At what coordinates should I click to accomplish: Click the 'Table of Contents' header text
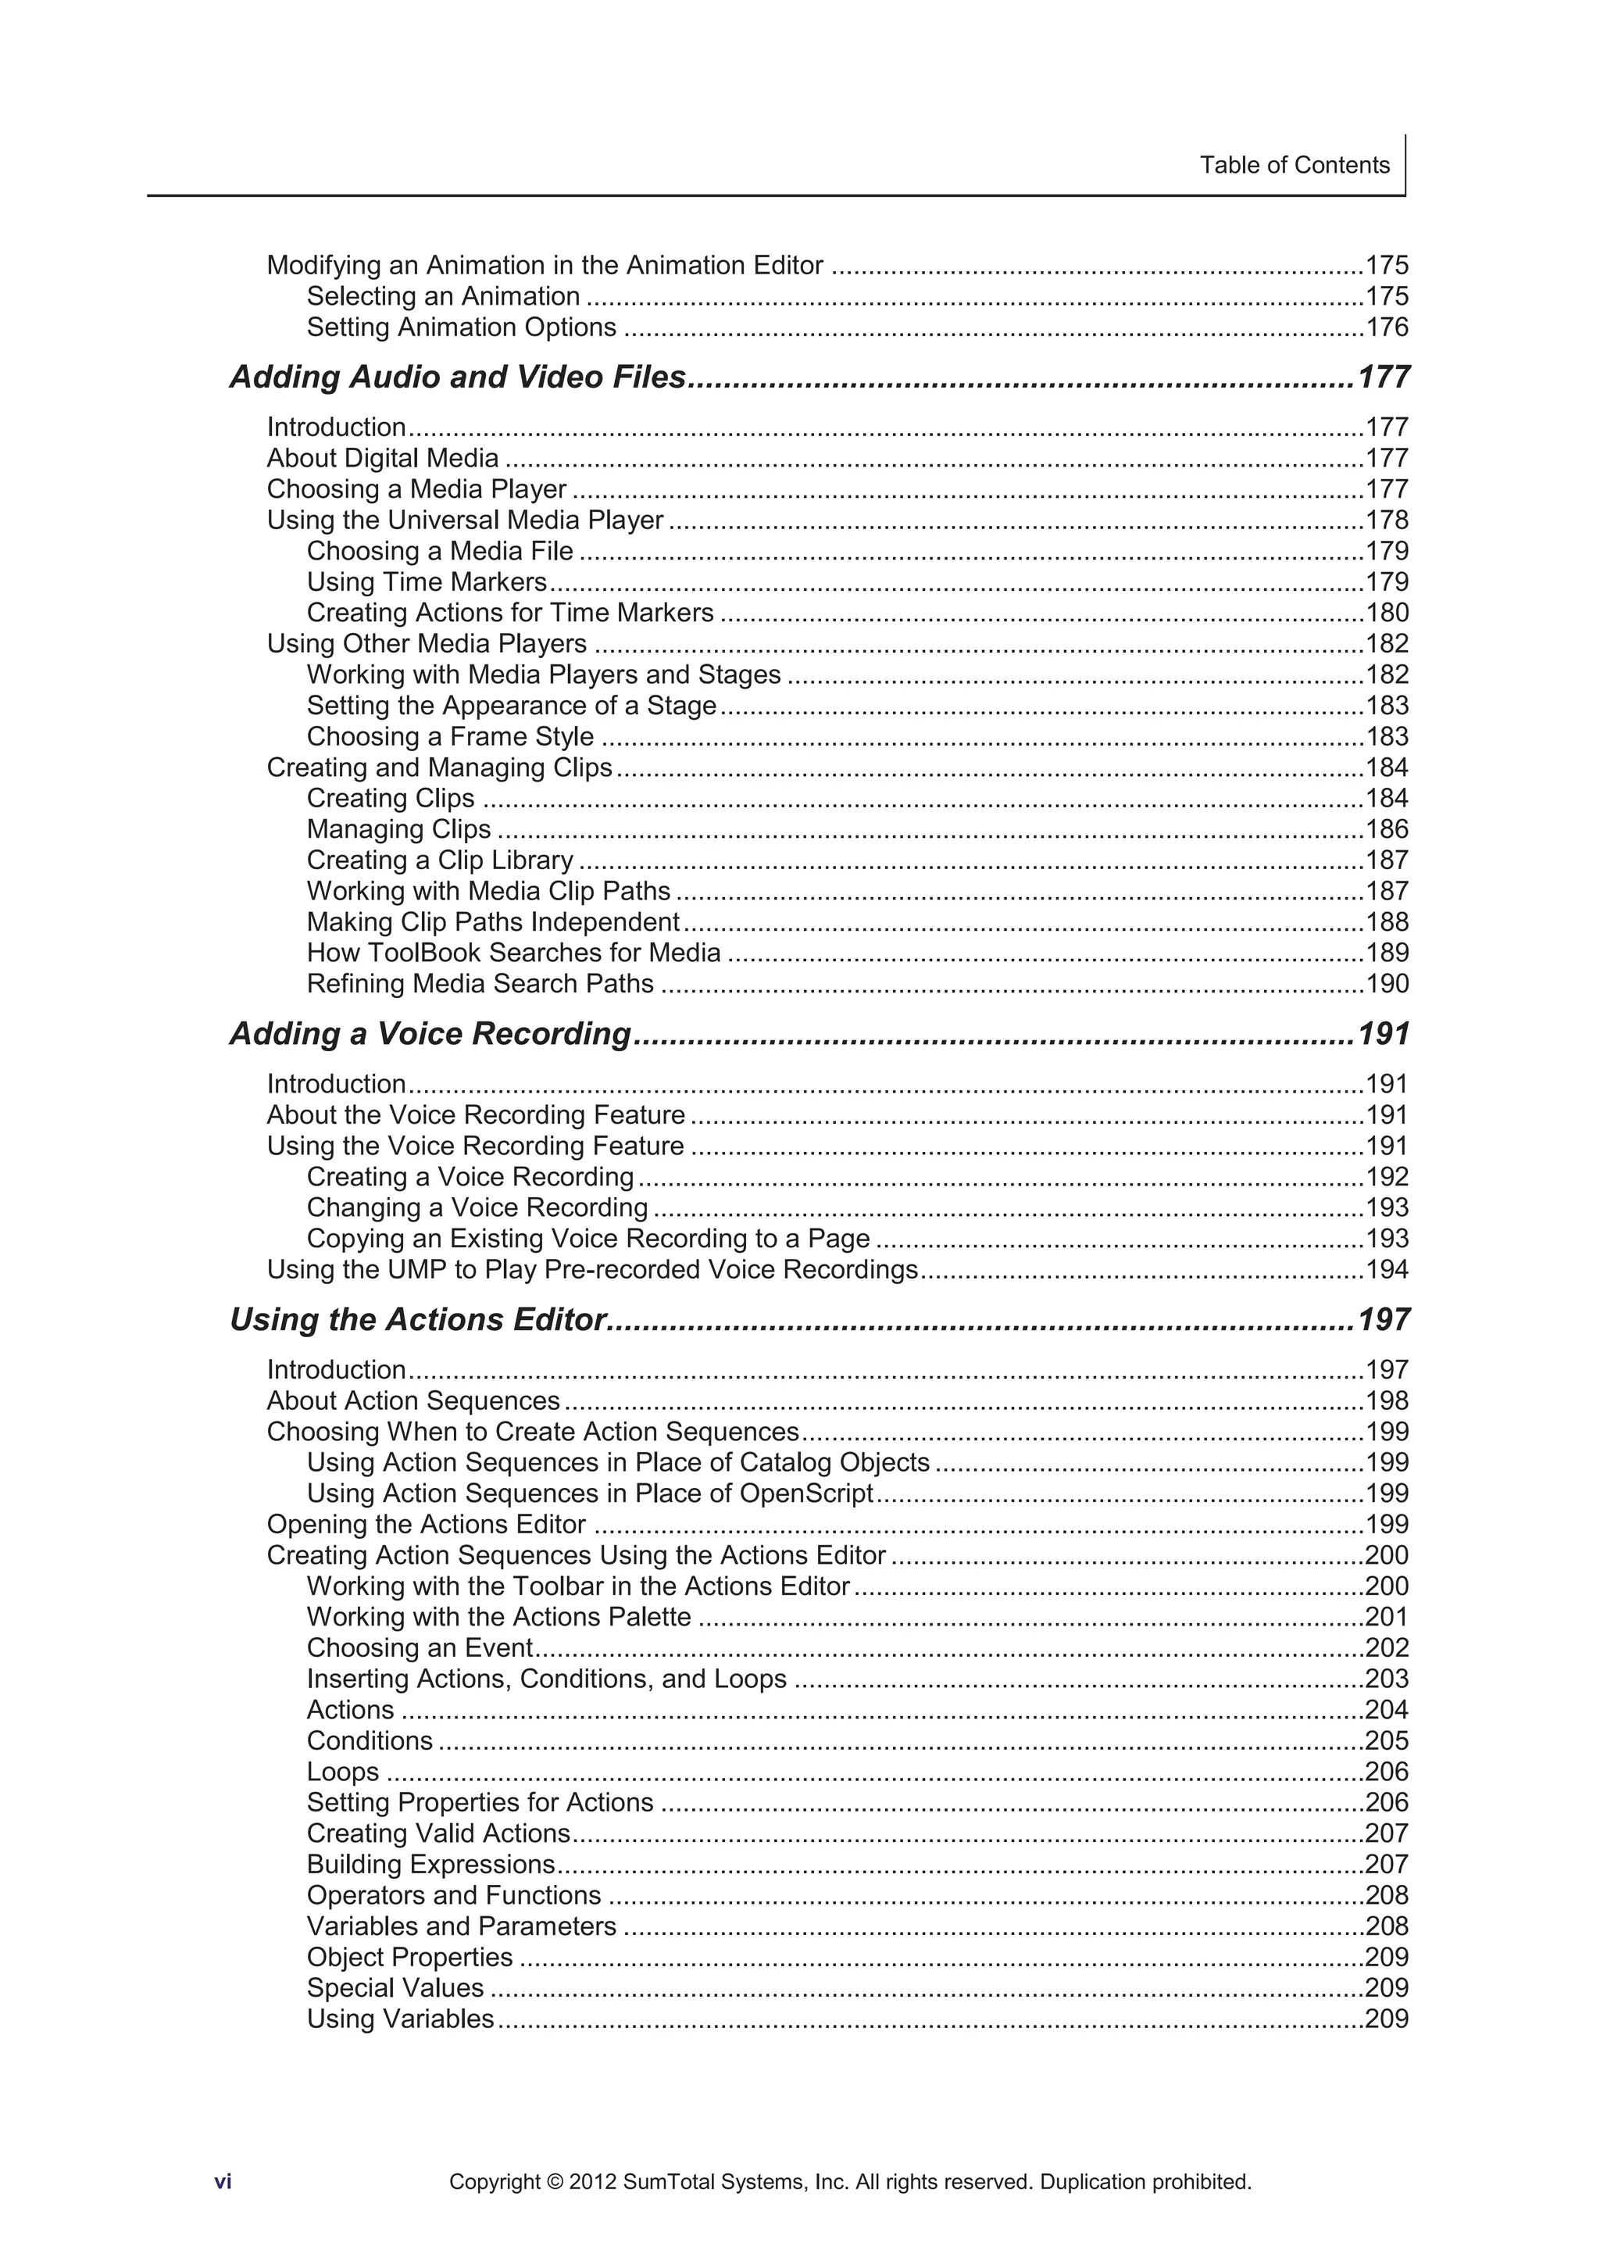click(1294, 165)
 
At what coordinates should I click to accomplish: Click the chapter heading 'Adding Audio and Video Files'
click(458, 377)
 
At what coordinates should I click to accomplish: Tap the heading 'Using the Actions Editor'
click(416, 1319)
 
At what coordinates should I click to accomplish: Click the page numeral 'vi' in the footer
click(223, 2182)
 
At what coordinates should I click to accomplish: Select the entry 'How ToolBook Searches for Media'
click(513, 953)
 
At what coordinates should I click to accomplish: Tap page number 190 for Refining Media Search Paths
click(1386, 984)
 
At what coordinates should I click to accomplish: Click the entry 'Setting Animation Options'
click(462, 327)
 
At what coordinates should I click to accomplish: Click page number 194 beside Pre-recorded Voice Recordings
click(1386, 1270)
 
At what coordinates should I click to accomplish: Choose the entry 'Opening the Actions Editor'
click(426, 1525)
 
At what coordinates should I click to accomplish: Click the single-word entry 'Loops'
click(342, 1772)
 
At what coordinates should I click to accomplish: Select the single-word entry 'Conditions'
click(370, 1741)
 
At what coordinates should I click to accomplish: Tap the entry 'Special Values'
click(395, 1988)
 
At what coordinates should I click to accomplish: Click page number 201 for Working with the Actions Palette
click(1386, 1617)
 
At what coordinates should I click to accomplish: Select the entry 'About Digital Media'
click(383, 459)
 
